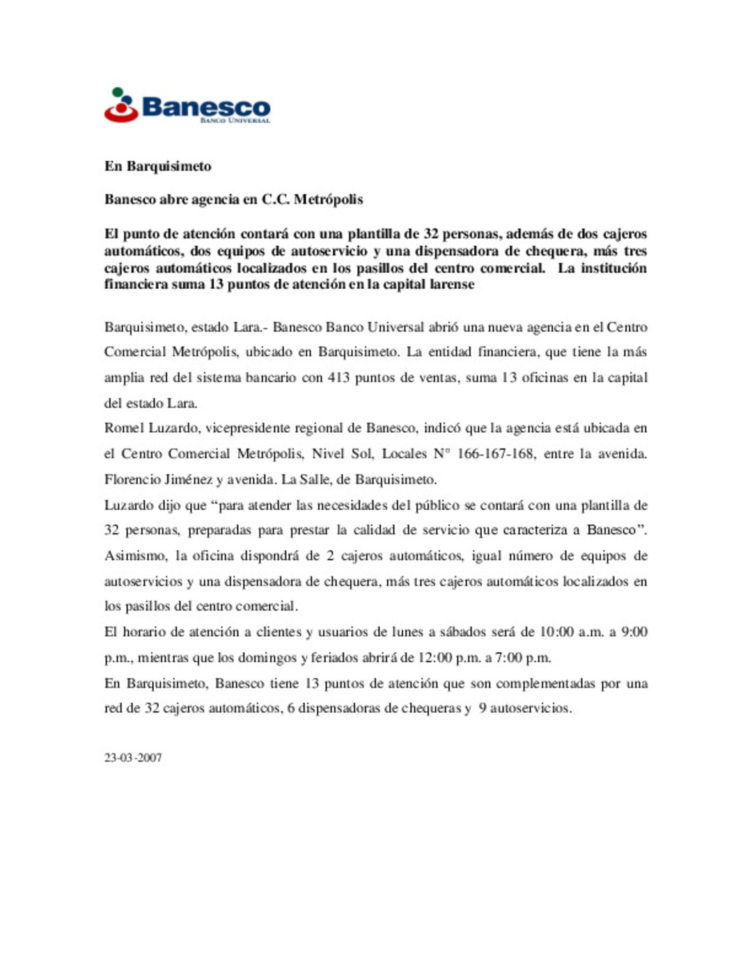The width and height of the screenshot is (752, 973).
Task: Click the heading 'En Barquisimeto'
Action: (157, 166)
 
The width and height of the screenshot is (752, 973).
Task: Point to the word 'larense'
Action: (453, 285)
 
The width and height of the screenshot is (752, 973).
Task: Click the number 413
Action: (338, 378)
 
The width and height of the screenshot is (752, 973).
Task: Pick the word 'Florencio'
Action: (132, 480)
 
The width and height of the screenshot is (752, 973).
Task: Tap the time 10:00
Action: (556, 633)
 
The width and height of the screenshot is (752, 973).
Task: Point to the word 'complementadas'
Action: (546, 684)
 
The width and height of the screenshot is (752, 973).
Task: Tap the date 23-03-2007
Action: (133, 758)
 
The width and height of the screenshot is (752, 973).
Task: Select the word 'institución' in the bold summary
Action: (613, 269)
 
